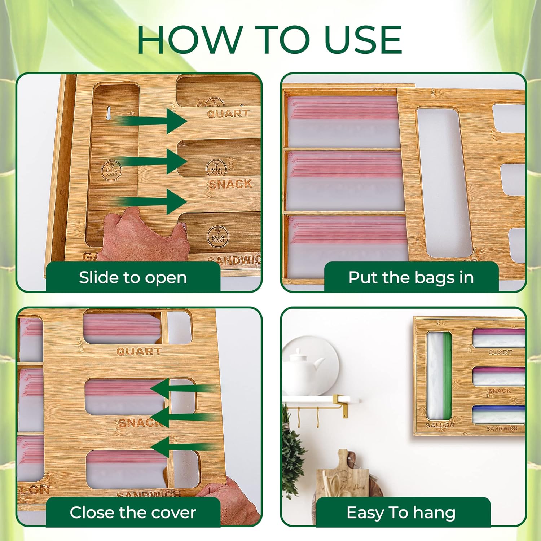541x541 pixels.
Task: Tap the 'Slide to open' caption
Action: pos(133,278)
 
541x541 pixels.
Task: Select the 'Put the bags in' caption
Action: pos(411,278)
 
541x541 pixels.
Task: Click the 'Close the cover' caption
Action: pos(133,513)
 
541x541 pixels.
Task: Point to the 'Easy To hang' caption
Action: pos(401,513)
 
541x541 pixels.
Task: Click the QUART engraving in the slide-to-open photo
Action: pos(228,114)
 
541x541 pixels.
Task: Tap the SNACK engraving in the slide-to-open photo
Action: pos(230,184)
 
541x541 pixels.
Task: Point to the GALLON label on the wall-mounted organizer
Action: pos(439,425)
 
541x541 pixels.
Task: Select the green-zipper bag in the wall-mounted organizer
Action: pos(439,375)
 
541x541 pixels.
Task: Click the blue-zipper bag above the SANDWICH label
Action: pos(498,414)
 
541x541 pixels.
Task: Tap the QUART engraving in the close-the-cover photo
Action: pos(139,351)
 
